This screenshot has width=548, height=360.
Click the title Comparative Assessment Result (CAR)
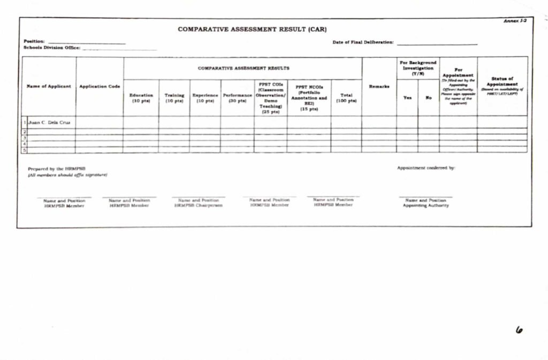[x=252, y=29]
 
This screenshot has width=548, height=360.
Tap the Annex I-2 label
[x=515, y=21]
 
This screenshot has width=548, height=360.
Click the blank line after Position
[x=87, y=42]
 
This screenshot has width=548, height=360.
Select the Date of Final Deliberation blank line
[x=437, y=43]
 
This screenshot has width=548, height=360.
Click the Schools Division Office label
[x=52, y=48]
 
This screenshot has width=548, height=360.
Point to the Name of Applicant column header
[x=49, y=86]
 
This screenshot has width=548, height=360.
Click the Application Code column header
[x=100, y=86]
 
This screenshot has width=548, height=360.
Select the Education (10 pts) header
[x=141, y=98]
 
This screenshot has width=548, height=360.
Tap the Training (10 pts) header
[x=174, y=98]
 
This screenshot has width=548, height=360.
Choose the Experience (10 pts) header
[x=205, y=98]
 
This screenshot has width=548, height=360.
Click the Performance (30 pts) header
[x=238, y=98]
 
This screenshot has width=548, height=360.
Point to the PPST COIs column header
[x=271, y=98]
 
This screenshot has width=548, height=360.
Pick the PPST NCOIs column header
[x=309, y=98]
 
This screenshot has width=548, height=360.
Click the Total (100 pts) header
[x=346, y=98]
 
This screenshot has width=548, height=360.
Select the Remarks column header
[x=379, y=86]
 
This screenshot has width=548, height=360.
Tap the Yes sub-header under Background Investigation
[x=407, y=97]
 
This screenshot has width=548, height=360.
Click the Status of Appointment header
[x=502, y=84]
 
